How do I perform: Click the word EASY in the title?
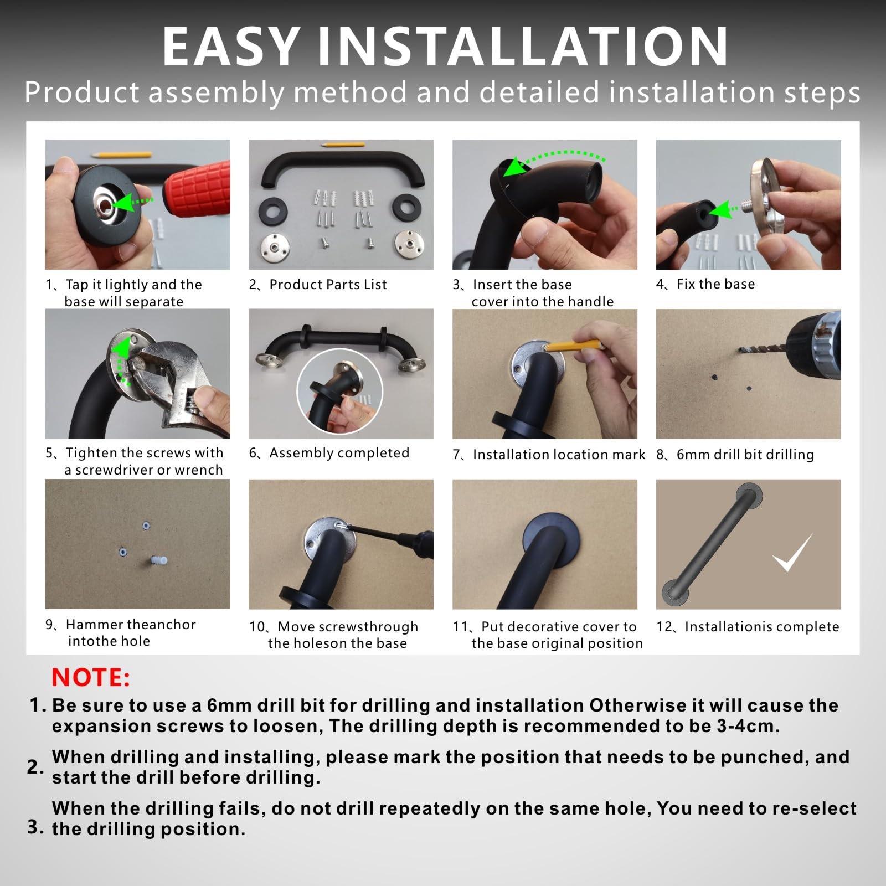coord(231,47)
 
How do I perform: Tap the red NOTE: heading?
coord(91,678)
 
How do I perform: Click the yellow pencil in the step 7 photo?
coord(573,346)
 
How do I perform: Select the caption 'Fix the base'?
coord(715,284)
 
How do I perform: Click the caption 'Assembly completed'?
coord(339,453)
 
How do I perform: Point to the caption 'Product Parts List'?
coord(328,285)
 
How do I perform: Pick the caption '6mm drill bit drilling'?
coord(745,455)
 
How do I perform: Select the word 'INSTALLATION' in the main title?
coord(523,47)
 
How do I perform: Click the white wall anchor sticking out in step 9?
coord(158,561)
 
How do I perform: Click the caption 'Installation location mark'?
coord(559,455)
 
